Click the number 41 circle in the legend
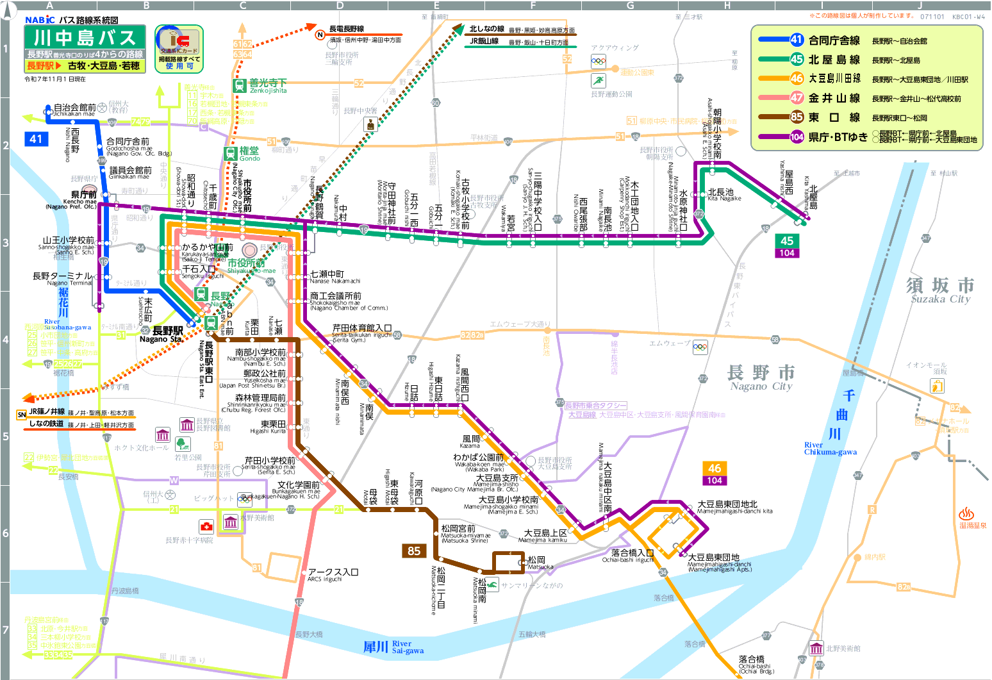797,40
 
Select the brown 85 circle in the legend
797,117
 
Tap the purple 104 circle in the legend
797,137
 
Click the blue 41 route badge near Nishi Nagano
36,138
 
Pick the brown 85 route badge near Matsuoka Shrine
414,551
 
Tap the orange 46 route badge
715,469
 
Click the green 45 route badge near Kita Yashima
787,241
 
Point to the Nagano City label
761,378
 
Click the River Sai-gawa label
393,647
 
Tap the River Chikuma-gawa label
831,448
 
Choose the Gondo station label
249,154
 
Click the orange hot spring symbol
966,514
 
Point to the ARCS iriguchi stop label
333,575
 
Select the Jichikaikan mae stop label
74,110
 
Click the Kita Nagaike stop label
723,195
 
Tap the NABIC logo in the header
40,20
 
